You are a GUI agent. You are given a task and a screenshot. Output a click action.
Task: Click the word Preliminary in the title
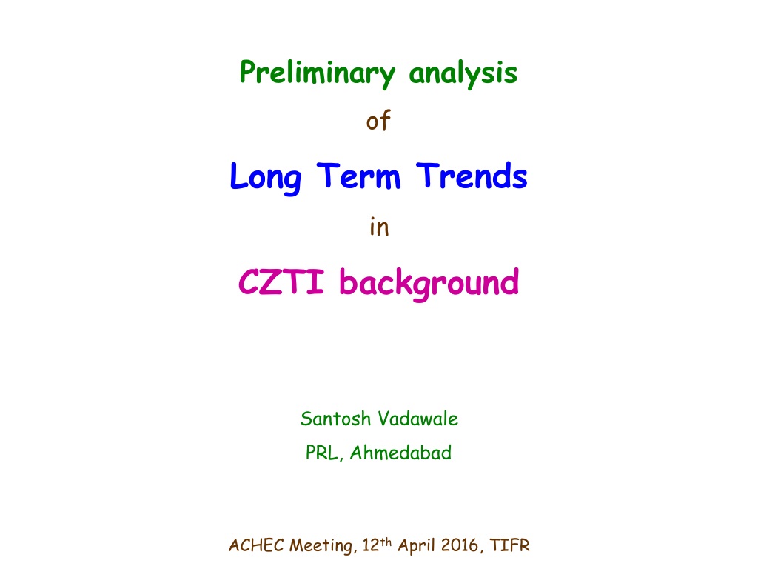pos(318,73)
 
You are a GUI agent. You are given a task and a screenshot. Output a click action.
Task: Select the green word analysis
pos(463,73)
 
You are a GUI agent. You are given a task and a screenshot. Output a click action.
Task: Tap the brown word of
pos(378,120)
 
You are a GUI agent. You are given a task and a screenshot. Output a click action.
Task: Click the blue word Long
pos(266,178)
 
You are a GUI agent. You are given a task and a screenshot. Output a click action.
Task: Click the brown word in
pos(380,227)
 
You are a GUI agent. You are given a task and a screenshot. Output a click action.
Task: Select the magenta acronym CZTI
pos(281,282)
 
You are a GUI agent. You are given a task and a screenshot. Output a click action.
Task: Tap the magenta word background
pos(429,284)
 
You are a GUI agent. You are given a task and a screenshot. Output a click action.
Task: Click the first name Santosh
pos(335,419)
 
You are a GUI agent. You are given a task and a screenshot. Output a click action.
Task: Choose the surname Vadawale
pos(417,419)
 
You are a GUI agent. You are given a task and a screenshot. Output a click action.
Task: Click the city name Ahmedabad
pos(400,453)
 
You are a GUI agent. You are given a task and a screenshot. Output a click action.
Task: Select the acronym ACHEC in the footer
pos(256,545)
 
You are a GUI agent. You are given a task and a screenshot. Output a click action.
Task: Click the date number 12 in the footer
pos(371,545)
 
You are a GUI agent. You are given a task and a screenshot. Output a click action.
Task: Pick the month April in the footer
pos(417,546)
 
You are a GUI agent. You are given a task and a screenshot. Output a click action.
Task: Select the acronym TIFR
pos(509,545)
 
